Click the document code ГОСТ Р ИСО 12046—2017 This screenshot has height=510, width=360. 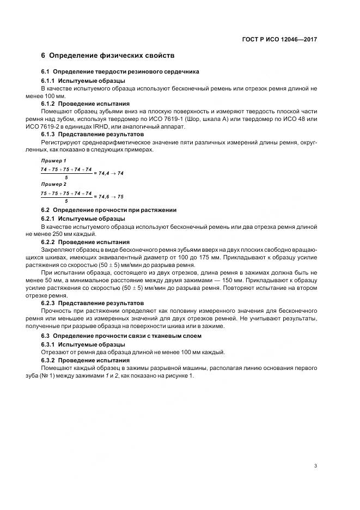(280, 39)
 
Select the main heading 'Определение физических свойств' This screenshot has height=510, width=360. (112, 56)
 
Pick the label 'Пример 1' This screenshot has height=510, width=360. (53, 161)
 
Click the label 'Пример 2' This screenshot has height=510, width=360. (53, 184)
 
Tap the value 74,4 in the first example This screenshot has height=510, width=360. (103, 173)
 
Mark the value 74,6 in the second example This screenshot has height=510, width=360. (103, 196)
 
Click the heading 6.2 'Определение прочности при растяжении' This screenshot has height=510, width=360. (109, 210)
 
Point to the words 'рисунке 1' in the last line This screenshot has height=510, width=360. (175, 376)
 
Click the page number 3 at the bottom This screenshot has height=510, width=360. (316, 466)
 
